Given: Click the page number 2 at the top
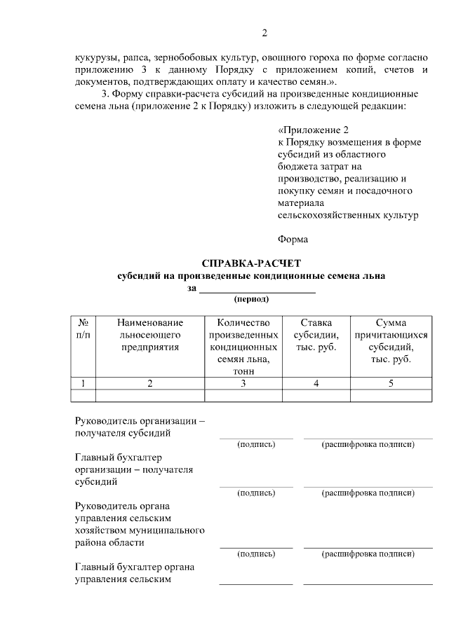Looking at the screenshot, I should (264, 33).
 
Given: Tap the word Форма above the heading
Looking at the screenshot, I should (293, 239).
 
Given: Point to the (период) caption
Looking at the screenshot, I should (251, 298).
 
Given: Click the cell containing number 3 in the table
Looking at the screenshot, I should (243, 383).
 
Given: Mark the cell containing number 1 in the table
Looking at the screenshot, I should (83, 383).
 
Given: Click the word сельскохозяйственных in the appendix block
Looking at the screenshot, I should (348, 215).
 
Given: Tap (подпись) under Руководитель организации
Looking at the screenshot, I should (256, 444).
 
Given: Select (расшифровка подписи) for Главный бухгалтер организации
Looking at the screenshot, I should (368, 493).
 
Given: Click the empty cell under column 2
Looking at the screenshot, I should (150, 395).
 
